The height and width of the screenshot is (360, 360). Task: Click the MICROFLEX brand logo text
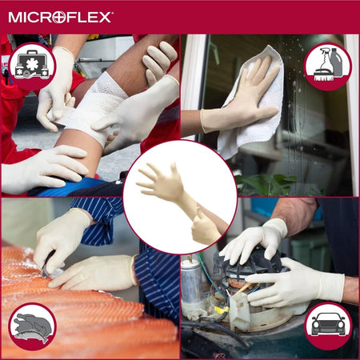[x=61, y=16]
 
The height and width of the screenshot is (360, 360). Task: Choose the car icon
[x=327, y=326]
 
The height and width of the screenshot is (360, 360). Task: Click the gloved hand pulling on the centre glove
[x=206, y=228]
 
